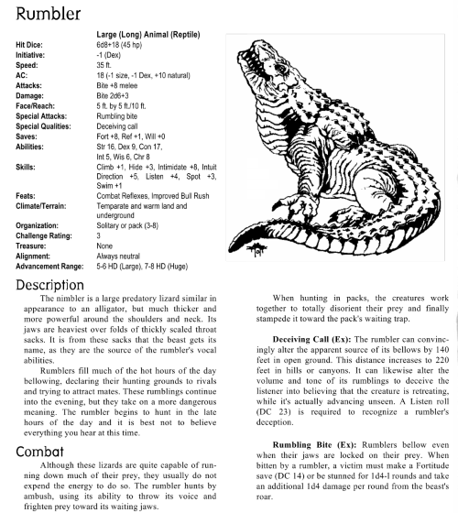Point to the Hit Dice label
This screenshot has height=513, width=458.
pyautogui.click(x=32, y=43)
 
